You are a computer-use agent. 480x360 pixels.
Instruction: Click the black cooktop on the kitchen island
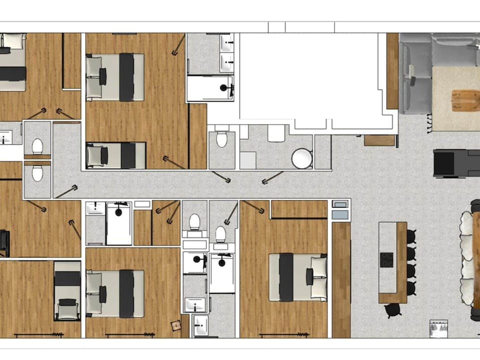(x=386, y=259)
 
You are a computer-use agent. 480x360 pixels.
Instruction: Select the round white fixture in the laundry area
(x=302, y=159)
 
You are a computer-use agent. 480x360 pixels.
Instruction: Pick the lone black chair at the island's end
(x=391, y=310)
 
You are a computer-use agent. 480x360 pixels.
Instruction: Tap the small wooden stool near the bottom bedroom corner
(x=176, y=325)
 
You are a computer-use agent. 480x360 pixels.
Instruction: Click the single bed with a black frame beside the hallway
(x=116, y=155)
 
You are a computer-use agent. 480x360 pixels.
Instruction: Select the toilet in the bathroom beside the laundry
(x=221, y=139)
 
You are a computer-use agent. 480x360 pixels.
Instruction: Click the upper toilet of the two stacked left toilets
(x=37, y=146)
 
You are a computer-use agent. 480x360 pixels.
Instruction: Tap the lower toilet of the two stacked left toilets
(x=37, y=173)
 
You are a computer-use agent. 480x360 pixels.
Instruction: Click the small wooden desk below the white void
(x=379, y=140)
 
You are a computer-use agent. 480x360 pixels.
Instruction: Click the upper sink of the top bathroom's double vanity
(x=227, y=45)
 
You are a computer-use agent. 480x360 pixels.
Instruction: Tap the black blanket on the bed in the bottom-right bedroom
(x=286, y=277)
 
